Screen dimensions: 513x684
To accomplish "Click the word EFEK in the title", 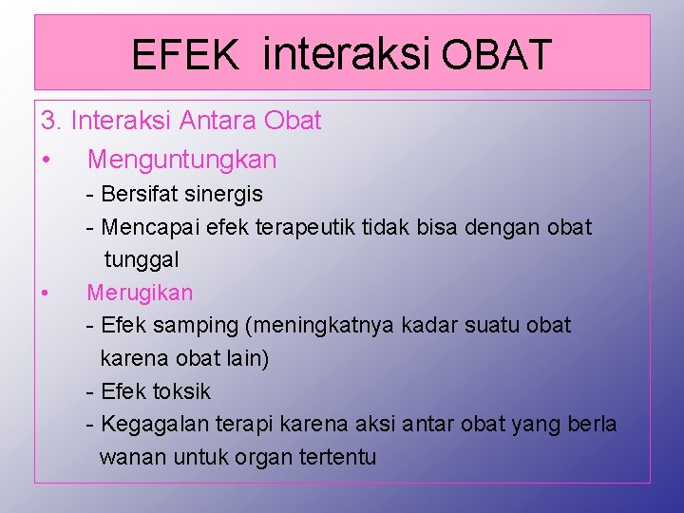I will (x=185, y=55).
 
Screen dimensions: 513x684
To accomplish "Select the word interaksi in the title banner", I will (x=349, y=53).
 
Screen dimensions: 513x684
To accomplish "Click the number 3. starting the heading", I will (x=51, y=121).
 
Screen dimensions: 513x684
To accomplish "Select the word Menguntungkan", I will (x=181, y=160).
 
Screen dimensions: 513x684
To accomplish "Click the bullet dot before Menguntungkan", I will (x=47, y=160).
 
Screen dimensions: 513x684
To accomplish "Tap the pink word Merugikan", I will (x=140, y=293).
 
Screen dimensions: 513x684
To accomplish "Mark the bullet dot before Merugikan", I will (x=47, y=293).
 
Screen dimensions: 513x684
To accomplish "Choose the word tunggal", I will (x=141, y=259).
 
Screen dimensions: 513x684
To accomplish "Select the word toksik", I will (x=181, y=391).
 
